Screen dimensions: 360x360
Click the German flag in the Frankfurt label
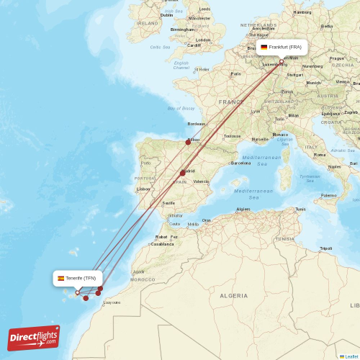point(264,47)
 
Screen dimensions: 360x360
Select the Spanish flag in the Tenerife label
point(61,278)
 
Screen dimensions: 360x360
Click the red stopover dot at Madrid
point(183,173)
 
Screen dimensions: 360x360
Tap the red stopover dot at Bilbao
point(188,142)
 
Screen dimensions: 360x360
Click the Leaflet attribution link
point(350,356)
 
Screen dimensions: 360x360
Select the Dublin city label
point(167,14)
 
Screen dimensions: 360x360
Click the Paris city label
point(235,73)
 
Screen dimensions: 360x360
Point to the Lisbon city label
point(144,189)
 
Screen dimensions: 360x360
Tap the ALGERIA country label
point(233,295)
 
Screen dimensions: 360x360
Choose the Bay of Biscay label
point(181,109)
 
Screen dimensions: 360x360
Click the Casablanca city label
point(162,243)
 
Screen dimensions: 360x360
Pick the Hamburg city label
point(302,12)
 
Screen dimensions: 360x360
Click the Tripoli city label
point(326,248)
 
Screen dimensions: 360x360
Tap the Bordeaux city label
point(197,124)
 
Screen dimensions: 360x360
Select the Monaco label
point(280,135)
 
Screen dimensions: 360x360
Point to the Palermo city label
point(329,194)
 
